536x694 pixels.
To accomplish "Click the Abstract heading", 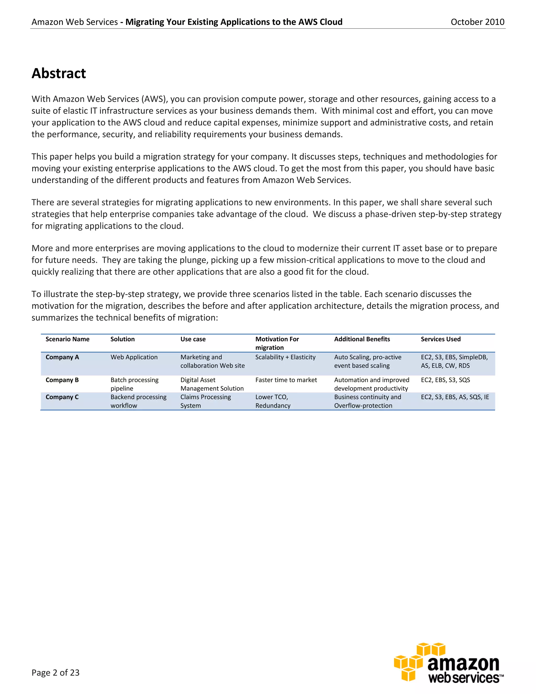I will coord(59,73).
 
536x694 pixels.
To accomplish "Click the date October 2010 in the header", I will coord(477,22).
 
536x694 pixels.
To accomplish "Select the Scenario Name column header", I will coord(67,339).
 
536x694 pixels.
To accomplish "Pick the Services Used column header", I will coord(440,339).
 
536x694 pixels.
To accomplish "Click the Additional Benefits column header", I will coord(362,339).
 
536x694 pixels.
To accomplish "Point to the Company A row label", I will coord(62,357).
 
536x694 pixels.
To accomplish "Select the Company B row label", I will coord(62,380).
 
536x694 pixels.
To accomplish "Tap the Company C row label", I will coord(62,397).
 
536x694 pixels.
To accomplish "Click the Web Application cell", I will coord(134,357).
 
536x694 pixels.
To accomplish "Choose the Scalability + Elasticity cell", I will coord(285,357).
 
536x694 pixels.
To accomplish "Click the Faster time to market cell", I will coord(286,380).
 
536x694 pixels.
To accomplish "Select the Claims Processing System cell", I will coord(205,401).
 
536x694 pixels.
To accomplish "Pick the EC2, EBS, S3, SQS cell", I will coord(445,380).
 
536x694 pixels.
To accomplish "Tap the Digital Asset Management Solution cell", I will coord(212,384).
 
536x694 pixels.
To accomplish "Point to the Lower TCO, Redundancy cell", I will coord(272,401).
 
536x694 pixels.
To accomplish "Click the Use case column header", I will coord(193,339).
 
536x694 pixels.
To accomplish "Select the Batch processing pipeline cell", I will coord(134,384).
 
